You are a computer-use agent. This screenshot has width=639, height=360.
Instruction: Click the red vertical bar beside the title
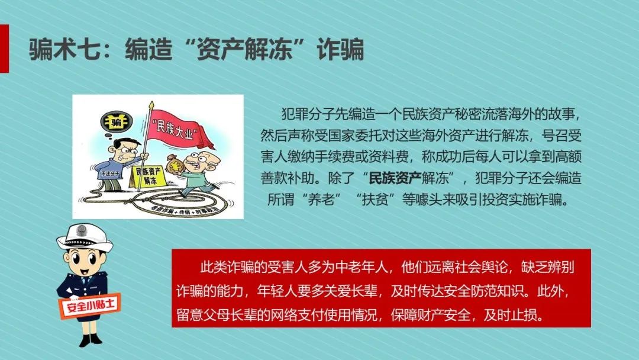4,49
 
